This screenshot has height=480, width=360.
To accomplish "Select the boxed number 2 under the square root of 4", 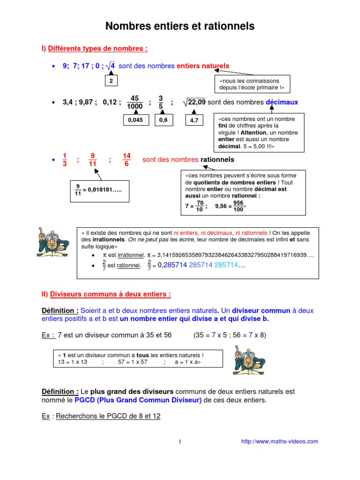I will (111, 81).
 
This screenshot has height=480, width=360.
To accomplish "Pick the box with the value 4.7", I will (194, 120).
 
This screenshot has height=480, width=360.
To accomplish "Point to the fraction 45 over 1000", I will (135, 102).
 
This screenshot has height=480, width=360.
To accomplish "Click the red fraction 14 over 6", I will (127, 160).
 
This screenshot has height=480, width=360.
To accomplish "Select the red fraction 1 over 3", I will (65, 160).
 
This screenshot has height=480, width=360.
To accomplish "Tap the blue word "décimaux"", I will (282, 102).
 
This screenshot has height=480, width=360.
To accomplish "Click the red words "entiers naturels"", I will (202, 66).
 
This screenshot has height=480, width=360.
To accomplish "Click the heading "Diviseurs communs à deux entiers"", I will (110, 294).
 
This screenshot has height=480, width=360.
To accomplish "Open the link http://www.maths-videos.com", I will (279, 441).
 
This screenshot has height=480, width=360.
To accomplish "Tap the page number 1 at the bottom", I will (180, 442).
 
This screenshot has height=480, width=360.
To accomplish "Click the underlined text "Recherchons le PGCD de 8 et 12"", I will (108, 416).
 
